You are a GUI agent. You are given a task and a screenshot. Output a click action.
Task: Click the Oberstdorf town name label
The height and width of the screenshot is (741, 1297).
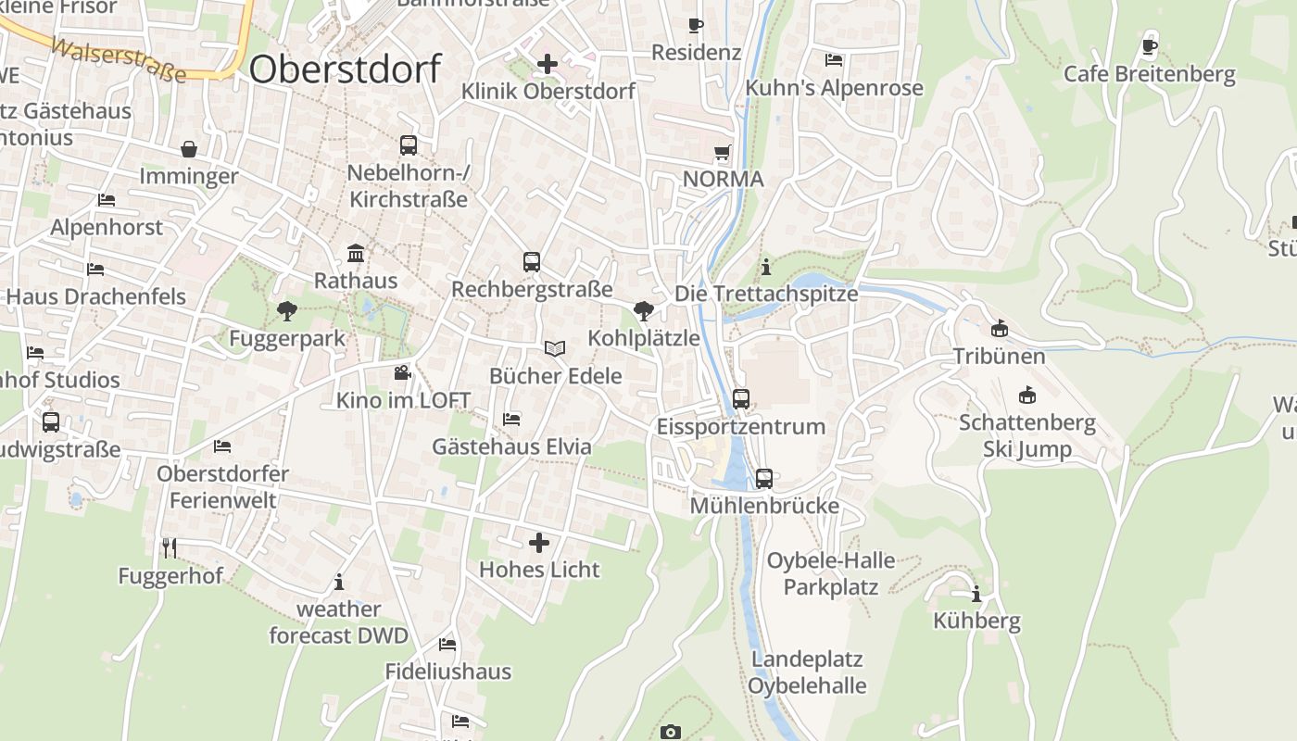pyautogui.click(x=345, y=69)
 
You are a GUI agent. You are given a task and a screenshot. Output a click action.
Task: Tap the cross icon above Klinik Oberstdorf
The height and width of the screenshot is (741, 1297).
pyautogui.click(x=548, y=64)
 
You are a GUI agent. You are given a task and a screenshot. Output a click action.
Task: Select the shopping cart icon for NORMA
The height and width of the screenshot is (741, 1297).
pyautogui.click(x=722, y=152)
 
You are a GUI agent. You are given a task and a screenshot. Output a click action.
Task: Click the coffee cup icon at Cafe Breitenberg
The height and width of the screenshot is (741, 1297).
pyautogui.click(x=1150, y=46)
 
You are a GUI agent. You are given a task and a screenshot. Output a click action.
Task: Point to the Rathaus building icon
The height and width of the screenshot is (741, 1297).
pyautogui.click(x=355, y=254)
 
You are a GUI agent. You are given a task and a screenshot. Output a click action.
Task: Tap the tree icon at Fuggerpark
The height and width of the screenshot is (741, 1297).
pyautogui.click(x=286, y=311)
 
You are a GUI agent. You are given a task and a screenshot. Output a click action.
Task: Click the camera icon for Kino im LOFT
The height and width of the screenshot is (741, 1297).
pyautogui.click(x=402, y=373)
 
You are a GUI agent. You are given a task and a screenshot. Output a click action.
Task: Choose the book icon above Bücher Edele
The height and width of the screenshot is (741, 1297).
pyautogui.click(x=555, y=349)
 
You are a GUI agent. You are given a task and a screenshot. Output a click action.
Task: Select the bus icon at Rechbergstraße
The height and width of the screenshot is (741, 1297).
pyautogui.click(x=532, y=262)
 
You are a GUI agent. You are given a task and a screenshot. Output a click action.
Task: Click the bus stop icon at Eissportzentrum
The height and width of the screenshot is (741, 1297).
pyautogui.click(x=741, y=399)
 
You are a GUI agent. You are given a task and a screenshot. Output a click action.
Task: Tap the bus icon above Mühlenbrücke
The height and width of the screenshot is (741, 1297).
pyautogui.click(x=764, y=479)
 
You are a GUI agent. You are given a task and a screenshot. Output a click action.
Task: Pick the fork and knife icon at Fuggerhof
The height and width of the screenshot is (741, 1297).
pyautogui.click(x=170, y=548)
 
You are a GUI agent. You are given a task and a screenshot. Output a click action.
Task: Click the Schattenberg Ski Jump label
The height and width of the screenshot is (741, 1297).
pyautogui.click(x=1026, y=436)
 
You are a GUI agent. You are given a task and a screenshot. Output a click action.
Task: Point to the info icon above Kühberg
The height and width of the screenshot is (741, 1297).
pyautogui.click(x=976, y=594)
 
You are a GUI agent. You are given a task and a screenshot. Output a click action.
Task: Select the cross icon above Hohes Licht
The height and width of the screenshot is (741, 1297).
pyautogui.click(x=539, y=542)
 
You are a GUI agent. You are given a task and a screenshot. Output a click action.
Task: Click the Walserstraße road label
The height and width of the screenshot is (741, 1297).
pyautogui.click(x=119, y=60)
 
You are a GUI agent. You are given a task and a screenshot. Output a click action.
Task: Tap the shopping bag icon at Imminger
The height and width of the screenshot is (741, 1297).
pyautogui.click(x=189, y=149)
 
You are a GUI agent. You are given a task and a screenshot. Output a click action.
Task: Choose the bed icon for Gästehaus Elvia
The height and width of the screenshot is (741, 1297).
pyautogui.click(x=511, y=419)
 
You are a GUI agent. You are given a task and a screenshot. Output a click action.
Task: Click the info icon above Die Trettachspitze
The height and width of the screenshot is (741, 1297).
pyautogui.click(x=766, y=267)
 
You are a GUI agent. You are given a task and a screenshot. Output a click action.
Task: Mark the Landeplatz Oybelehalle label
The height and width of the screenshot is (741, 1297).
pyautogui.click(x=807, y=673)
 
